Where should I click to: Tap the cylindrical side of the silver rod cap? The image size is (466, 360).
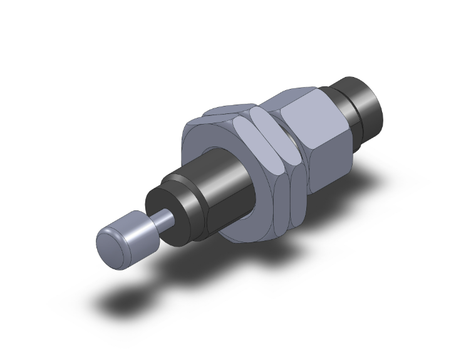click(x=135, y=225)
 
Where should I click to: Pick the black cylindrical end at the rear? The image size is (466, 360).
click(x=366, y=106)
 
